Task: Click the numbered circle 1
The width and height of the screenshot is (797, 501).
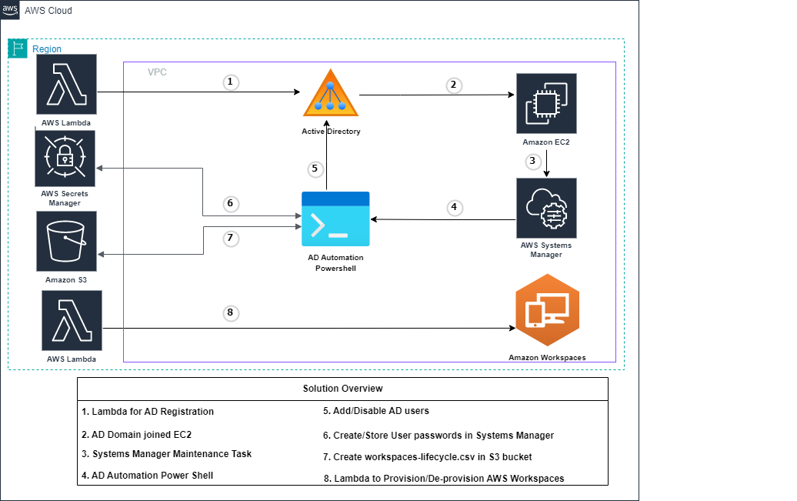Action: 231,82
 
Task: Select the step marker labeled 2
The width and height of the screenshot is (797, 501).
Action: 455,85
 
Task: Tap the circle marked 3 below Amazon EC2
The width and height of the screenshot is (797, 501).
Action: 532,162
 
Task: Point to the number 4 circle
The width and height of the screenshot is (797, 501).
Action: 455,208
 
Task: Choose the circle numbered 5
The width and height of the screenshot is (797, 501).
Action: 314,169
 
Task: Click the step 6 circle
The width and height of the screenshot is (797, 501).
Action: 230,204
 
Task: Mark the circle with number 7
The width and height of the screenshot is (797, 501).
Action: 230,239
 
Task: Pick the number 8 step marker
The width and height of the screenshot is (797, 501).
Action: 230,313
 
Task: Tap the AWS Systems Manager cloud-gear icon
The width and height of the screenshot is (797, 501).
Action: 546,208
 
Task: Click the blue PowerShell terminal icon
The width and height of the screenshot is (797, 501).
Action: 335,219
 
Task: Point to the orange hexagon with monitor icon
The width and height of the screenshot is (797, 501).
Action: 547,310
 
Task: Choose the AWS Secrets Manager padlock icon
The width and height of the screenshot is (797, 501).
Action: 65,159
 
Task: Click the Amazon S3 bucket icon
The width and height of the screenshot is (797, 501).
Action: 66,240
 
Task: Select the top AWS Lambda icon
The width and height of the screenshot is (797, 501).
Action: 66,85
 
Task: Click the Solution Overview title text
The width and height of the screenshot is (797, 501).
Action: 342,389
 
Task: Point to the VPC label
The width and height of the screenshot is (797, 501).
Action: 157,72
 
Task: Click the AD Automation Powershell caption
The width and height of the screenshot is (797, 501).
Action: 335,262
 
